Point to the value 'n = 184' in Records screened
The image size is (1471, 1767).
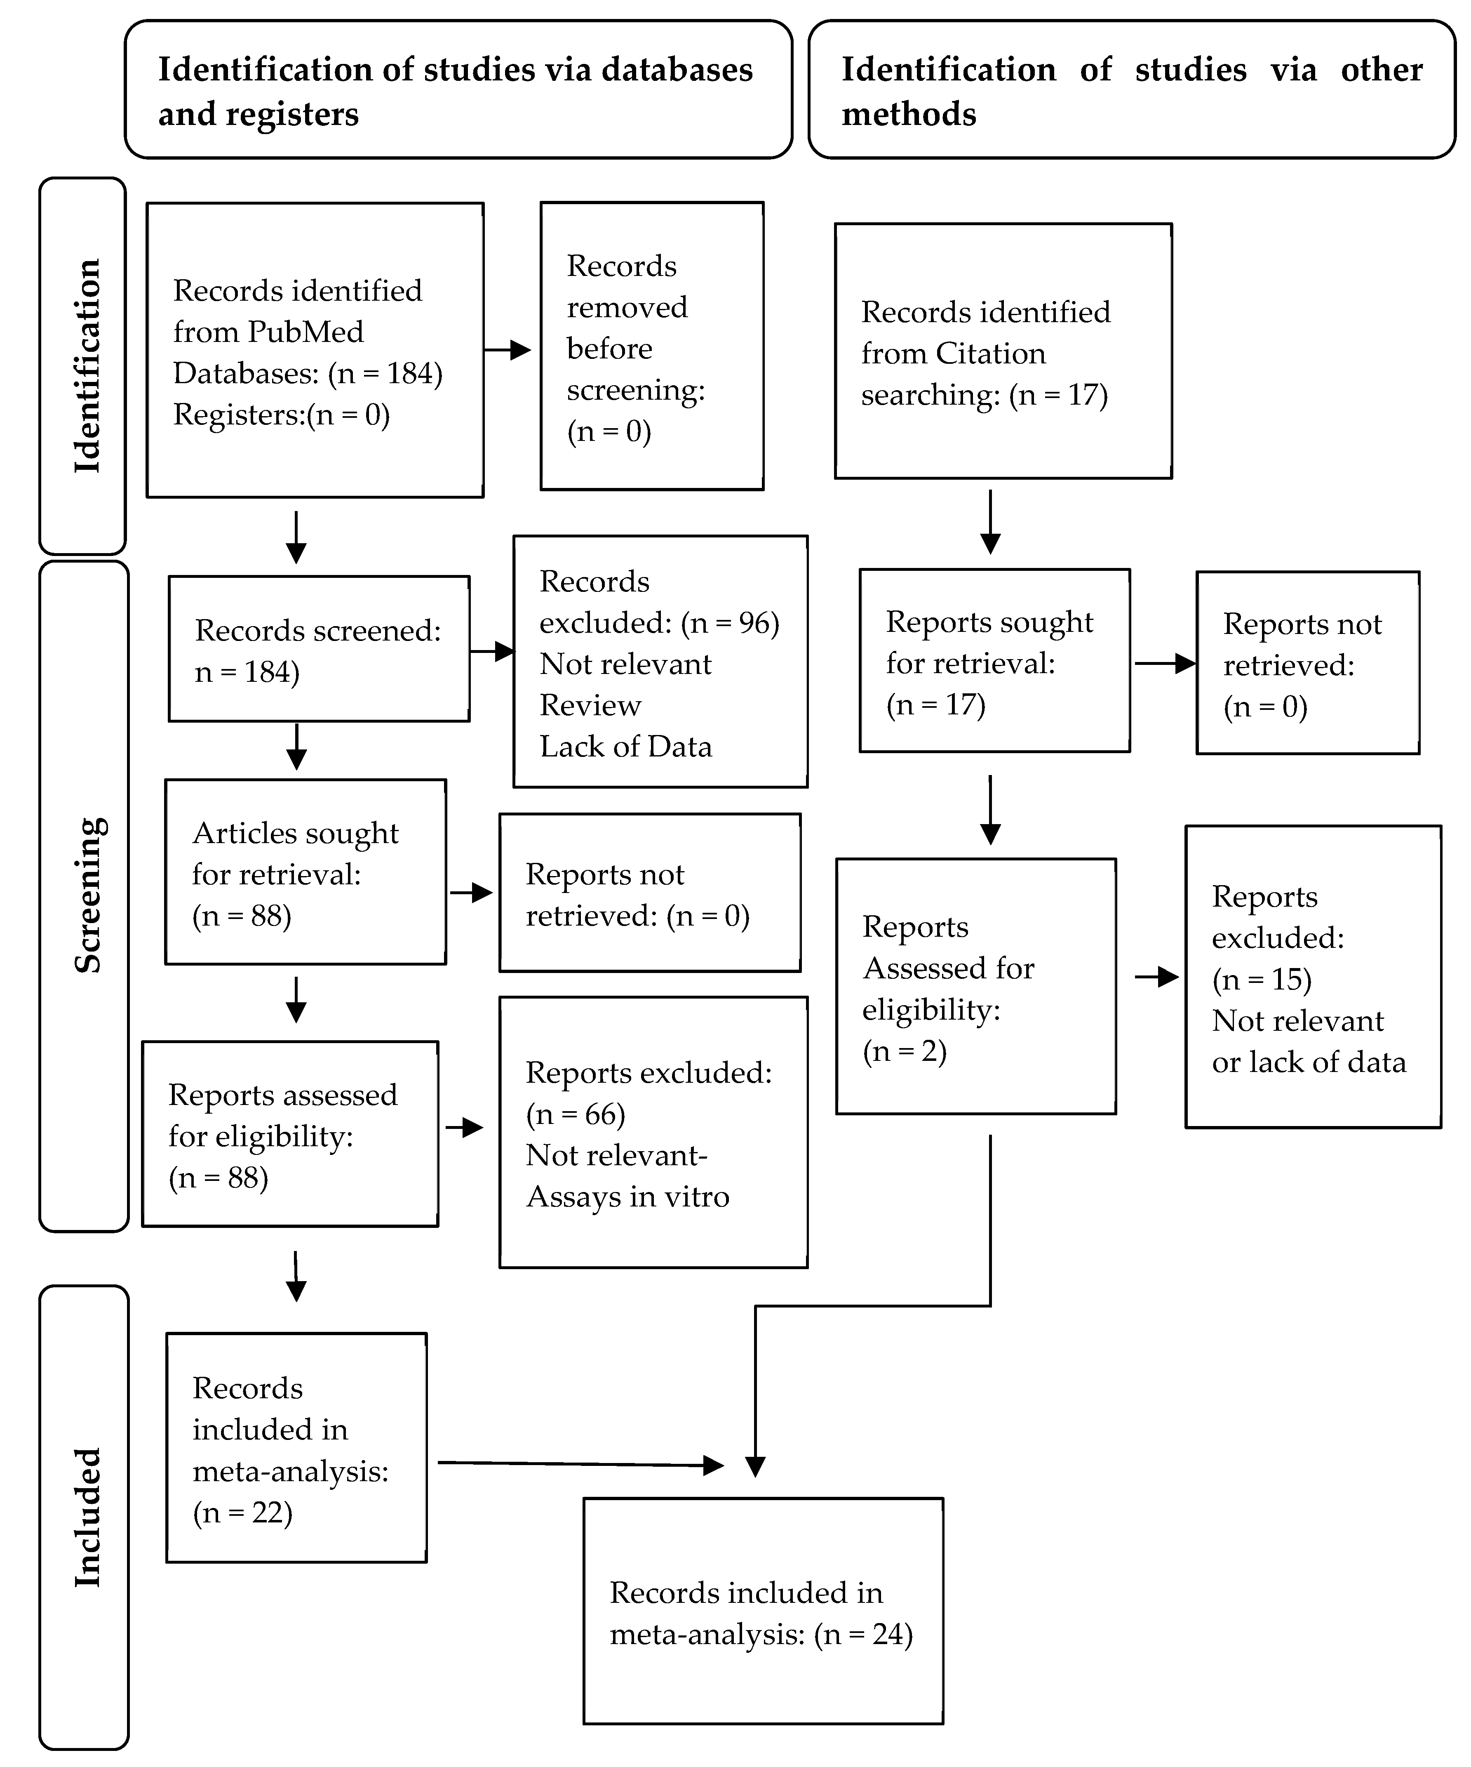247,671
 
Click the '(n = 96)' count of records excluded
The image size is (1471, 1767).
730,623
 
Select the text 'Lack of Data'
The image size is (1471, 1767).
626,746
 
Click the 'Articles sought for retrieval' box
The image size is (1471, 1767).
305,872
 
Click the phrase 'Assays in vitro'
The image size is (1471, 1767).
627,1197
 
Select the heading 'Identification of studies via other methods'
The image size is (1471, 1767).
1131,91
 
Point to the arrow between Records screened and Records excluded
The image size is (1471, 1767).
492,650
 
